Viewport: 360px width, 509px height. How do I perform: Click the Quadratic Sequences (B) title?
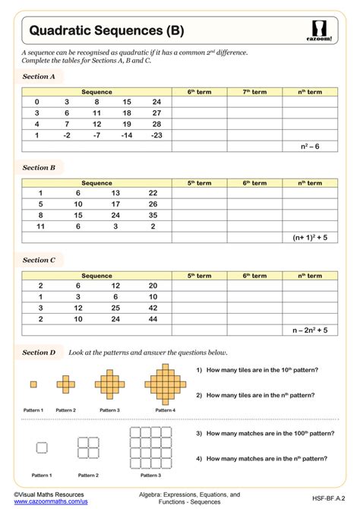pyautogui.click(x=106, y=31)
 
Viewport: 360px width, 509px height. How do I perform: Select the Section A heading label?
pyautogui.click(x=39, y=77)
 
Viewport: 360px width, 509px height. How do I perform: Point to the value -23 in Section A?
pyautogui.click(x=156, y=134)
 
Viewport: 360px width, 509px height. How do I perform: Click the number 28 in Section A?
pyautogui.click(x=156, y=124)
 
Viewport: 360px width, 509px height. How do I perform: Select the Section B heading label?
pyautogui.click(x=39, y=167)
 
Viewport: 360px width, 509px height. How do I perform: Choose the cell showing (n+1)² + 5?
pyautogui.click(x=308, y=237)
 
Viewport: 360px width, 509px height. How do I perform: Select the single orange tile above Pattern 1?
pyautogui.click(x=33, y=384)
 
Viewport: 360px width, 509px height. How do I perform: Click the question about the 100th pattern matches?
pyautogui.click(x=262, y=433)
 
